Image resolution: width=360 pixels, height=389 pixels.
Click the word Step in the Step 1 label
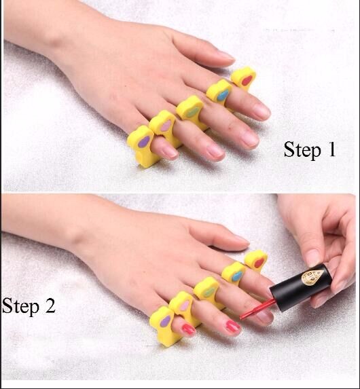302,150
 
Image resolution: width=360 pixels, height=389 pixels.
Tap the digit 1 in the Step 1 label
332,149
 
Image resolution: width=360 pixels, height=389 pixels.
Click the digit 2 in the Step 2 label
50,305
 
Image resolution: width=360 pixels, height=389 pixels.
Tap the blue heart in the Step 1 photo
223,95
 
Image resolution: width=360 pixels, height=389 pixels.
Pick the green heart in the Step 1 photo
192,112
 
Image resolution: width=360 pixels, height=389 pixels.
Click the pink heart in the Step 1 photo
166,126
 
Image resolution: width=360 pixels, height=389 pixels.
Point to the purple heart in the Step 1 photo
143,142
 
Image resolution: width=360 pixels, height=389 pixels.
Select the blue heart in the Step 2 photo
237,276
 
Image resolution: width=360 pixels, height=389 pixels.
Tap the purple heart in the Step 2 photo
165,322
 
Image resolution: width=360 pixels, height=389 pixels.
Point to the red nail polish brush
257,309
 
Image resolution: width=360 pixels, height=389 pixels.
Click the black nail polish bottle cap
301,287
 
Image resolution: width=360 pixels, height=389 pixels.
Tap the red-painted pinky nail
187,329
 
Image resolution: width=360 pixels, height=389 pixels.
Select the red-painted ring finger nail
232,327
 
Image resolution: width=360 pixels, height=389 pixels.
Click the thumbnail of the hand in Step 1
226,55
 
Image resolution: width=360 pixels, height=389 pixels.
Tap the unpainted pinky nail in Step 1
170,151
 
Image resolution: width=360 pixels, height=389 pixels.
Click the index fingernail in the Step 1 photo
262,111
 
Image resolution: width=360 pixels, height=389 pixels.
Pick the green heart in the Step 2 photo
209,291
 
